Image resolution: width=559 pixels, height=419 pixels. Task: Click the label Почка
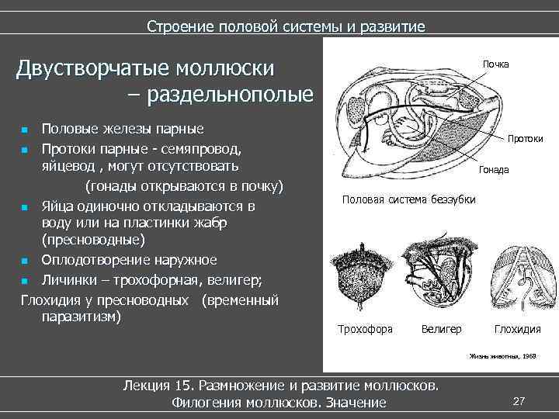495,64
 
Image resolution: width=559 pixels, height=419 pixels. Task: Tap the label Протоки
525,139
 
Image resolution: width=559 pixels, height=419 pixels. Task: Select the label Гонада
494,169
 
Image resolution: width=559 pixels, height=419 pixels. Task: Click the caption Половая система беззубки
409,199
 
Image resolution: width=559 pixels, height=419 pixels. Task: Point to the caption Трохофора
365,329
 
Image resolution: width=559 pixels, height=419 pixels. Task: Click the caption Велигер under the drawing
441,329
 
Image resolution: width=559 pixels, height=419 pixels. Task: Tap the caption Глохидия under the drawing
517,329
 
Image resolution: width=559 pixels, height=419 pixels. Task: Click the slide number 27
519,401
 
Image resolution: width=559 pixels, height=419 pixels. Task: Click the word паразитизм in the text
82,317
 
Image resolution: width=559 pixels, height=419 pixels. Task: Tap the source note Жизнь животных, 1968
502,356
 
